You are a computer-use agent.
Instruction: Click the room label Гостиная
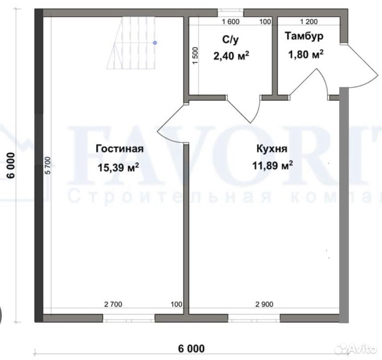(120, 149)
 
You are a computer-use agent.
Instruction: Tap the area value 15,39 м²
(118, 168)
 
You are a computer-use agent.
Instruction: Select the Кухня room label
(272, 148)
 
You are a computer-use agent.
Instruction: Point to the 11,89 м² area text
(272, 165)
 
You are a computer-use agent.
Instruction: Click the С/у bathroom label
(230, 40)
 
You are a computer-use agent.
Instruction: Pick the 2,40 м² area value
(231, 56)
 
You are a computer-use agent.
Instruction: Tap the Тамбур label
(304, 37)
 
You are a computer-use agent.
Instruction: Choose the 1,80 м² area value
(306, 54)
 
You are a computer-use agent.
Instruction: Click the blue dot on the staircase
(155, 43)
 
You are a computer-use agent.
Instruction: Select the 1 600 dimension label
(231, 22)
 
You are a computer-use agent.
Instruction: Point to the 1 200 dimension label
(309, 22)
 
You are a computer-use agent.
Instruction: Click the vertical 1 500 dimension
(195, 56)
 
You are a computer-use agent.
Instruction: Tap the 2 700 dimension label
(113, 304)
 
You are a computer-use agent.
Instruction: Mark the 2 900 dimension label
(264, 304)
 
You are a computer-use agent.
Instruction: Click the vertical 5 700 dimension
(48, 165)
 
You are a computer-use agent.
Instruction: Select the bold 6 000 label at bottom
(191, 348)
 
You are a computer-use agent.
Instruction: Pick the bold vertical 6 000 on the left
(11, 166)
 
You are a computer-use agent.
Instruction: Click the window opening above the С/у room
(231, 13)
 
